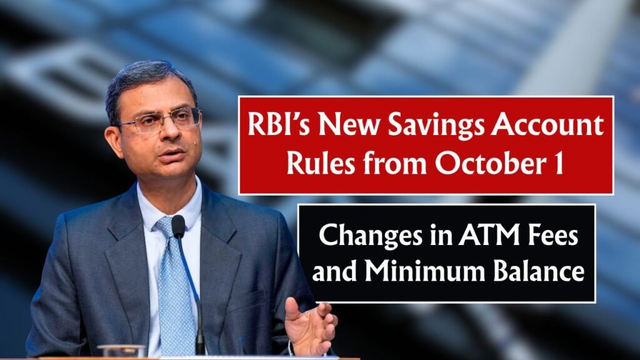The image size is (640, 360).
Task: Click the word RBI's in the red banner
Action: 279,124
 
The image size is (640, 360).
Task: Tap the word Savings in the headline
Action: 435,126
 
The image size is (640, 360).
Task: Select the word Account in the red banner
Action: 547,124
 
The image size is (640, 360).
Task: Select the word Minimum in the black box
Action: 425,270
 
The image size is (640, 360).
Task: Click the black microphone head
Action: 178,226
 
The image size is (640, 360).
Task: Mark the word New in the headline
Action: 349,124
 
